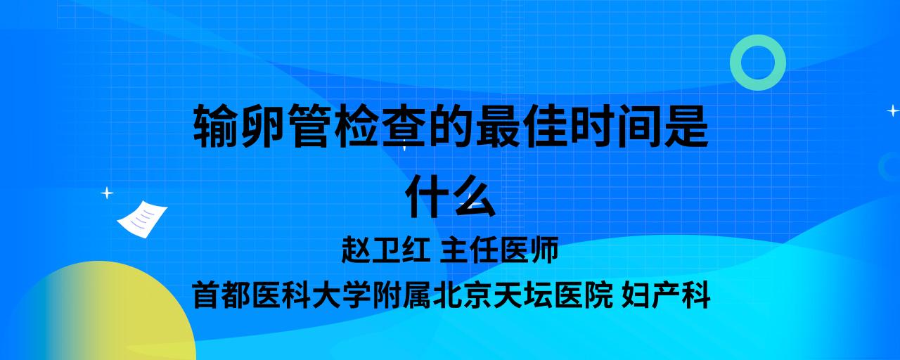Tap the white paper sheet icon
point(142,219)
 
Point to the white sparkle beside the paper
point(107,193)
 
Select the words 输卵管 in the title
point(263,126)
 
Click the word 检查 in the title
point(380,126)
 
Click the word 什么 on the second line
point(451,195)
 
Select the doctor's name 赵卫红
point(385,250)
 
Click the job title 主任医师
point(499,250)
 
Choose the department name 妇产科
point(666,295)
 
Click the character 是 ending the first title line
point(686,126)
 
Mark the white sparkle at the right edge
point(893,110)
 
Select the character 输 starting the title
point(216,126)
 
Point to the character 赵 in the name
point(356,250)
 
